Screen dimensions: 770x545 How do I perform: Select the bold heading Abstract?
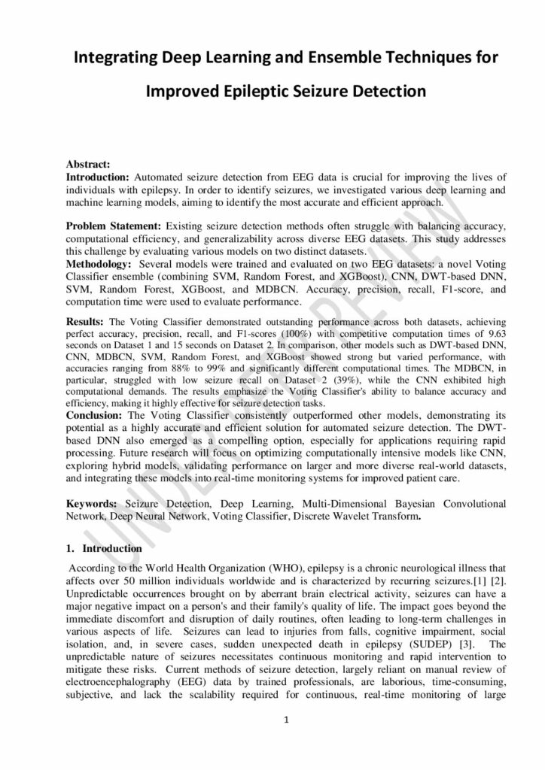tap(88, 164)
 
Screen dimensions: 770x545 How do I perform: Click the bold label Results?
tap(86, 321)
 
